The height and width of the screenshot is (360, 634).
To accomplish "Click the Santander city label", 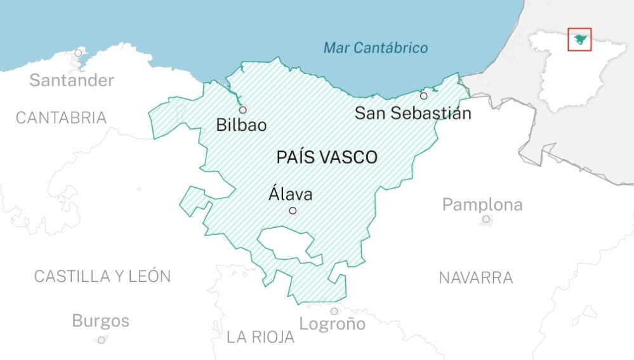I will pyautogui.click(x=72, y=81).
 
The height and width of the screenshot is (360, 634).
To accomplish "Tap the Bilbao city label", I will pyautogui.click(x=241, y=124).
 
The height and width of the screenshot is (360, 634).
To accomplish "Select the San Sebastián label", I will pyautogui.click(x=413, y=114).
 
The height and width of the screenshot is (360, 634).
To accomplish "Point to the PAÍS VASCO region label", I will pyautogui.click(x=327, y=157).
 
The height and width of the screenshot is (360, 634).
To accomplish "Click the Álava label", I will pyautogui.click(x=291, y=194).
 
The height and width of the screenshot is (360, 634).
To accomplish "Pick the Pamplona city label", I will pyautogui.click(x=482, y=205).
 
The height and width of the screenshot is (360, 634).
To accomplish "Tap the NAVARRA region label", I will pyautogui.click(x=476, y=277).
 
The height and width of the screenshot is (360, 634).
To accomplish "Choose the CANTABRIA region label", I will pyautogui.click(x=61, y=117).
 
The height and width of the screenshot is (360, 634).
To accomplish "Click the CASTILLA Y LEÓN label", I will pyautogui.click(x=102, y=276).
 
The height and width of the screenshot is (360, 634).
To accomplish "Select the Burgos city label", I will pyautogui.click(x=100, y=321).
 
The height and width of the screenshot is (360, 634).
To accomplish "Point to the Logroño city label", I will pyautogui.click(x=333, y=324).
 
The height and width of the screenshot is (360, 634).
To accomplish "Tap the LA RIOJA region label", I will pyautogui.click(x=261, y=338).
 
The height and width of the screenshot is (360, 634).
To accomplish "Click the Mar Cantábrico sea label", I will pyautogui.click(x=376, y=48).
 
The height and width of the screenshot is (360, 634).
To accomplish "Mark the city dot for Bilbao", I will pyautogui.click(x=242, y=110).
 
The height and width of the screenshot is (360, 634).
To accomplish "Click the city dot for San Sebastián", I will pyautogui.click(x=424, y=96).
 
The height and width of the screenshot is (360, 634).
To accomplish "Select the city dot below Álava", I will pyautogui.click(x=293, y=210).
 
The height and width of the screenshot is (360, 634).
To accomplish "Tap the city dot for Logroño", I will pyautogui.click(x=334, y=311).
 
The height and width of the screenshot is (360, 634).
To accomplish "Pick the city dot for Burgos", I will pyautogui.click(x=101, y=340).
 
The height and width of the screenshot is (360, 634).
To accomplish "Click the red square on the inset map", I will pyautogui.click(x=579, y=39).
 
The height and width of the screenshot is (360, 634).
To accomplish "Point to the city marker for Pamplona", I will pyautogui.click(x=486, y=219).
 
